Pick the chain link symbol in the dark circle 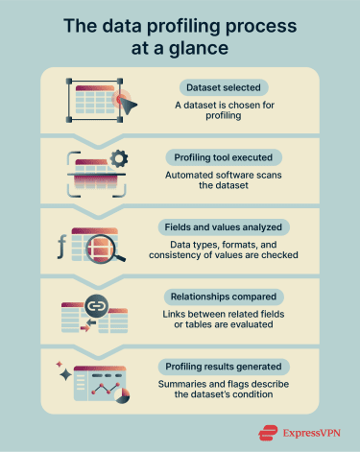(x=97, y=306)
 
